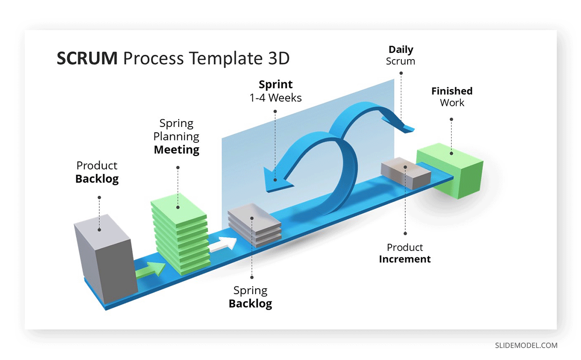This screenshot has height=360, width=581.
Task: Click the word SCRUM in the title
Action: point(87,58)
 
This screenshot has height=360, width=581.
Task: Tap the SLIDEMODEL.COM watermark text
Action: point(526,345)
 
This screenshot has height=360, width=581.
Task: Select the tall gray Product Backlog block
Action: point(107,258)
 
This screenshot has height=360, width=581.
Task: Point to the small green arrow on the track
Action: point(151,270)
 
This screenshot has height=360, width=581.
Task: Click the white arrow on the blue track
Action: point(223,244)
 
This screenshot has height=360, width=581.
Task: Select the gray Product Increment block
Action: point(406,173)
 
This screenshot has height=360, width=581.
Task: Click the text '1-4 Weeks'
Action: point(275,98)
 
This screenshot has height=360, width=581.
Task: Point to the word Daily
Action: point(401,50)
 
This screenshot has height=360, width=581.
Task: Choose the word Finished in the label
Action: point(452,91)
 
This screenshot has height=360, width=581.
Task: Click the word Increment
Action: point(405,259)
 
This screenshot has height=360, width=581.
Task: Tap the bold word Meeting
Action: point(177,150)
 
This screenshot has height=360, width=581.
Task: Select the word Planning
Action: point(176,137)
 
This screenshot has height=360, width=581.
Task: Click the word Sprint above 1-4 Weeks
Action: point(275,85)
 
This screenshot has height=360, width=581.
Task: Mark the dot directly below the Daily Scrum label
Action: point(401,73)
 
